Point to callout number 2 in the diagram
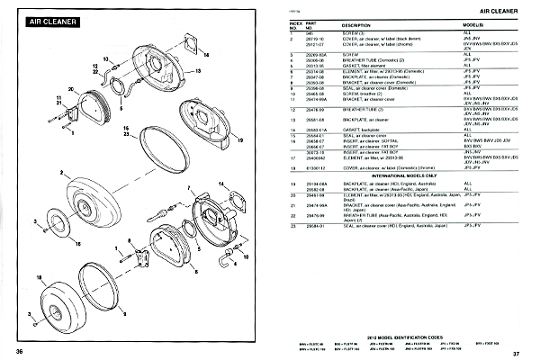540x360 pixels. (62, 171)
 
